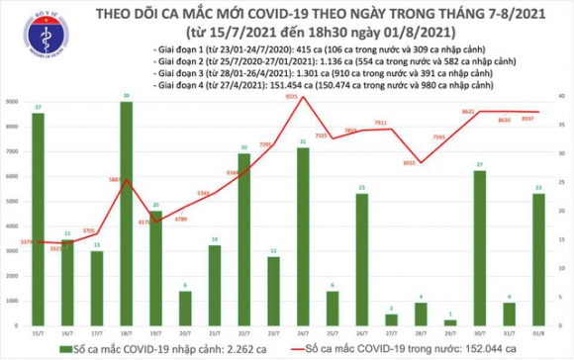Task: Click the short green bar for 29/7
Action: pos(450,322)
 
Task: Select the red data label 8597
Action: pos(530,118)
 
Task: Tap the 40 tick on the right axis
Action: pos(560,96)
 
